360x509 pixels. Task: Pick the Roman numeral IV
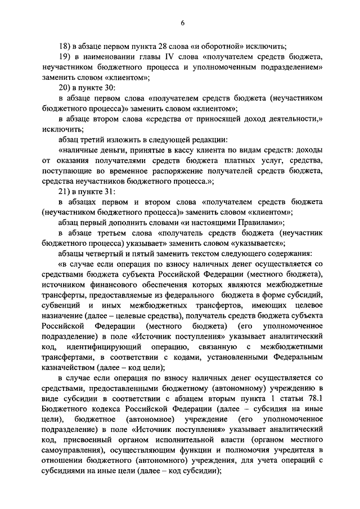tap(169, 57)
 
